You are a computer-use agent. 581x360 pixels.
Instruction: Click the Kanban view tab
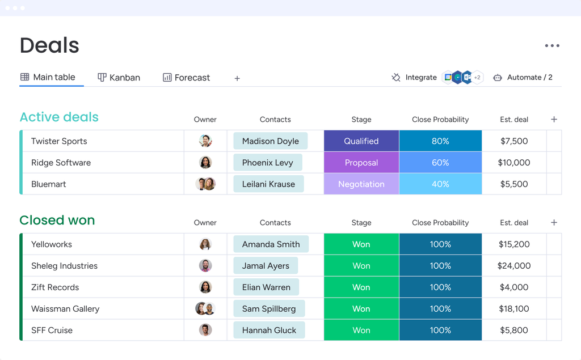(x=119, y=78)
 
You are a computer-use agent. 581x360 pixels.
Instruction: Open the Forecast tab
(x=186, y=78)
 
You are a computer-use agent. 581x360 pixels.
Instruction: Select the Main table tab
(x=48, y=77)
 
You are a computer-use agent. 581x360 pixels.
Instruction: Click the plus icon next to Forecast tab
(x=237, y=78)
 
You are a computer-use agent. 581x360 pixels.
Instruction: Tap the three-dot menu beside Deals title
(x=551, y=46)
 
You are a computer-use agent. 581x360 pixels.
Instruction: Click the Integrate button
(x=414, y=78)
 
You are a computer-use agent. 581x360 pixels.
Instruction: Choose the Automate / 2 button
(x=523, y=78)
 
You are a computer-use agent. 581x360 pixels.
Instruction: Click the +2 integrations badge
(x=477, y=78)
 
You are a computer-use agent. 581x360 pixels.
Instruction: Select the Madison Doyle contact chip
(x=270, y=141)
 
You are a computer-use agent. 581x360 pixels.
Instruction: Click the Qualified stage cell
(x=361, y=141)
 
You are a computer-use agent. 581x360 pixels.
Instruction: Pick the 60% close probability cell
(x=440, y=163)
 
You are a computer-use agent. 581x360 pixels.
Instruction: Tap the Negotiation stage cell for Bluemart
(x=361, y=184)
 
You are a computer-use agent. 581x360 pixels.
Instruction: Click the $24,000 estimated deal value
(x=513, y=266)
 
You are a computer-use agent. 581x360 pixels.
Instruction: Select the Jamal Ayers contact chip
(x=266, y=266)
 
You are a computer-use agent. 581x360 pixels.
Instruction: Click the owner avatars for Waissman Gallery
(x=205, y=309)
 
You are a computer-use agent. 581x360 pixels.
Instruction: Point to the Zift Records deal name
(x=55, y=287)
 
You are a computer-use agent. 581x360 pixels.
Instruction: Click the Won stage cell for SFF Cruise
(x=361, y=331)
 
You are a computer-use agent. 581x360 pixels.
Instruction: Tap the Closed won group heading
(x=57, y=221)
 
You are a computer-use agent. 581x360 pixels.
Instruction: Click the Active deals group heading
(x=59, y=117)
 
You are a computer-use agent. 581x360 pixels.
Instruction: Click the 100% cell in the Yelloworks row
(x=440, y=244)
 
